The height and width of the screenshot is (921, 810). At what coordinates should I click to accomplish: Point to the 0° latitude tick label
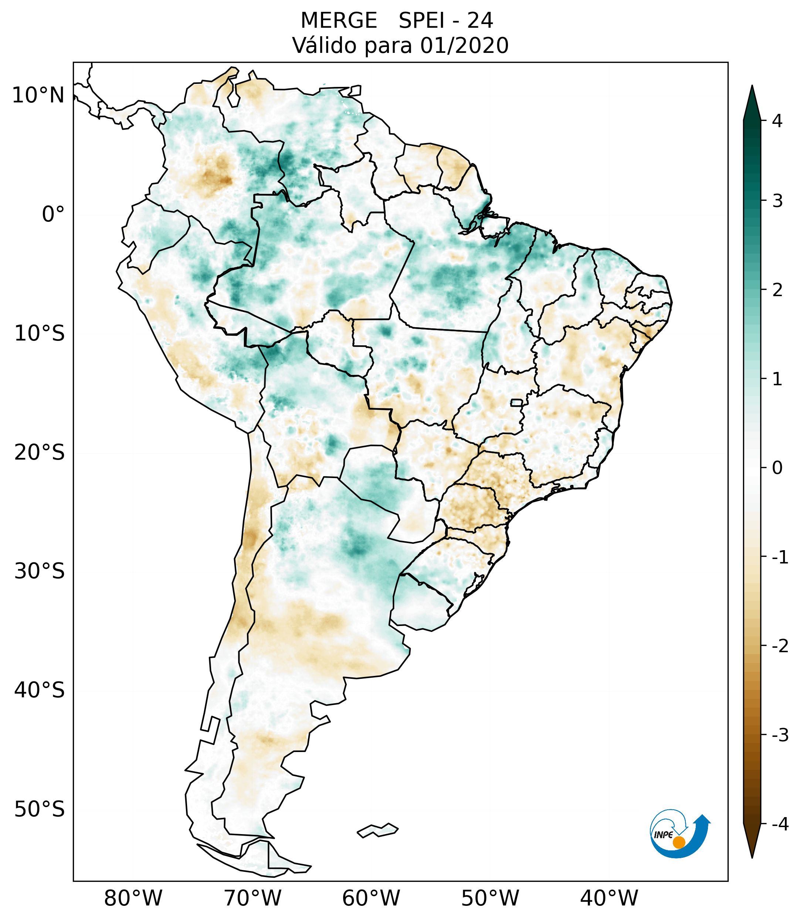pyautogui.click(x=53, y=214)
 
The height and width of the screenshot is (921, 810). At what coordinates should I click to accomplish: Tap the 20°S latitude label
pyautogui.click(x=40, y=453)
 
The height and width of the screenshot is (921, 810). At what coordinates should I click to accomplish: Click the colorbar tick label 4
pyautogui.click(x=777, y=121)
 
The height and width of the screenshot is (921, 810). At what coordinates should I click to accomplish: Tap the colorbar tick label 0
pyautogui.click(x=777, y=468)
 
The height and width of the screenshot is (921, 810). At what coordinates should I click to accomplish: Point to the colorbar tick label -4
pyautogui.click(x=780, y=824)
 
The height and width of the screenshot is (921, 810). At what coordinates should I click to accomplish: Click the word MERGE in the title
pyautogui.click(x=339, y=21)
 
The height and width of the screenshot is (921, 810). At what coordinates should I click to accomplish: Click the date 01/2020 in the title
pyautogui.click(x=464, y=45)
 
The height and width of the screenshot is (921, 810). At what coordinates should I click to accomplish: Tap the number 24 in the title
pyautogui.click(x=480, y=21)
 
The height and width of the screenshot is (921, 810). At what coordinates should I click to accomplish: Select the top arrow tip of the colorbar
pyautogui.click(x=752, y=87)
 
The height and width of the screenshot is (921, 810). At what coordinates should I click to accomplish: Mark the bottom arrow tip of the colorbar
pyautogui.click(x=752, y=857)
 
